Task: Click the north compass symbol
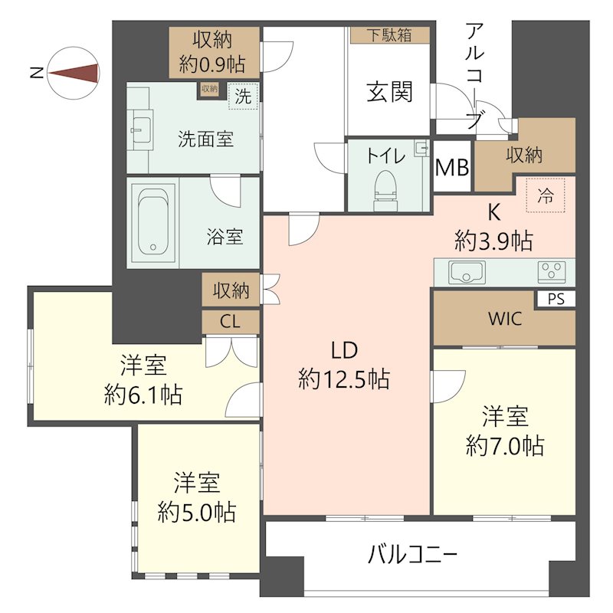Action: click(x=74, y=73)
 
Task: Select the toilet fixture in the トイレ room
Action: click(x=385, y=190)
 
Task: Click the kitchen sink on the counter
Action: click(x=467, y=272)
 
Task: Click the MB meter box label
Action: click(x=452, y=168)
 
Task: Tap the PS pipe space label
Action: click(x=556, y=300)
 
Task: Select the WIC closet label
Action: click(x=505, y=319)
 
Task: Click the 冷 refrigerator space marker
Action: click(x=546, y=195)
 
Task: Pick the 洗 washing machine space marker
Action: click(x=243, y=96)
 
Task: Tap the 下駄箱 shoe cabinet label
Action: click(x=389, y=35)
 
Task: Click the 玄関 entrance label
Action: click(x=390, y=92)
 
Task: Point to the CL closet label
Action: click(x=231, y=322)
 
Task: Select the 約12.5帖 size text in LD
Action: click(x=344, y=379)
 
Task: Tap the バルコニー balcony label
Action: click(x=412, y=554)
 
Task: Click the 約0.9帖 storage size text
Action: click(x=212, y=64)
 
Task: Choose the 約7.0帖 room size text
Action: click(x=505, y=445)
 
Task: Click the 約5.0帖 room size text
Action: click(x=197, y=512)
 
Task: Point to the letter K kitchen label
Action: click(x=494, y=213)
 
